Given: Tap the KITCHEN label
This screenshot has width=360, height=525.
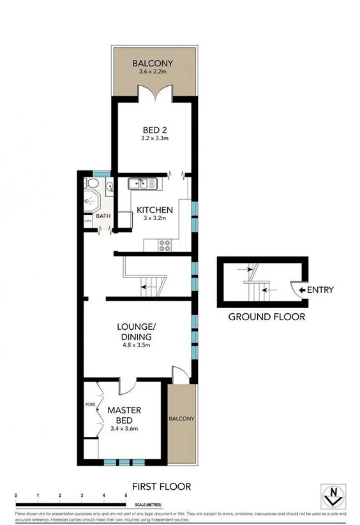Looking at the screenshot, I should [x=152, y=210].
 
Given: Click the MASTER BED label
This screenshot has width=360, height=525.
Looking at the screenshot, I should [x=124, y=415].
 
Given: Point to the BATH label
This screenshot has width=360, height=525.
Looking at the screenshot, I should [x=103, y=216].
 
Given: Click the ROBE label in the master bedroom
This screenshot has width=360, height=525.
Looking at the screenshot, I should [x=90, y=404].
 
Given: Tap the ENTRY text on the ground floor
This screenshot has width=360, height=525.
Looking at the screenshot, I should [x=320, y=290].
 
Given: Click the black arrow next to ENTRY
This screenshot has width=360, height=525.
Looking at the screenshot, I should [x=302, y=290].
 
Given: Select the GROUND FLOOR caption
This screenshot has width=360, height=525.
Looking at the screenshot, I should [x=267, y=316].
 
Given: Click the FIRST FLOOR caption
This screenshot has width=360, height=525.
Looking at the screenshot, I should [x=161, y=487].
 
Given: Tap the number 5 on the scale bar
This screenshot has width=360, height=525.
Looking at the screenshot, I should [x=126, y=495].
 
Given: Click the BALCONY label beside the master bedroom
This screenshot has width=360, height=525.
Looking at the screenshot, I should [x=181, y=418].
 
